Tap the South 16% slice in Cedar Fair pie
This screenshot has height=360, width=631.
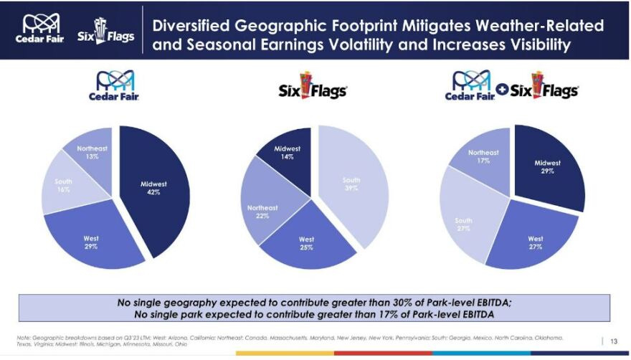pos(65,185)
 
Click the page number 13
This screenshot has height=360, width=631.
pos(613,341)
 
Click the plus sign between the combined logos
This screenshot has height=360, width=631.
pos(503,91)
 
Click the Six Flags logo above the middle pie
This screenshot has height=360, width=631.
pos(312,86)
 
